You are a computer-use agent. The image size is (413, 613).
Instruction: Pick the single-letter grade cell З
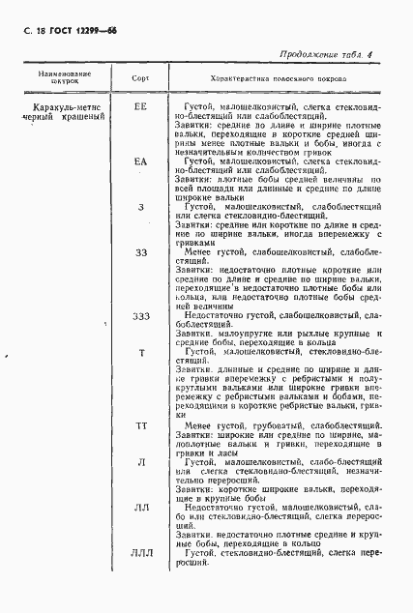[141, 207]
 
